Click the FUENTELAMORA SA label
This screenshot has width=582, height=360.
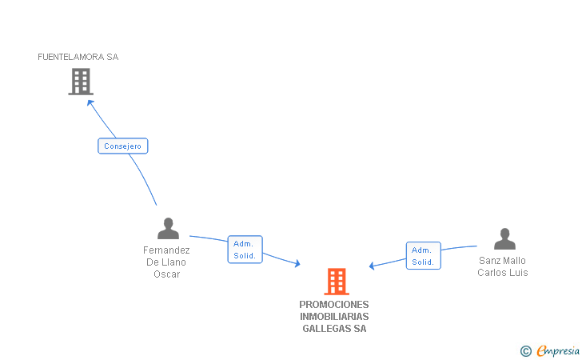click(x=78, y=57)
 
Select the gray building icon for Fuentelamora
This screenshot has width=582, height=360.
click(x=80, y=82)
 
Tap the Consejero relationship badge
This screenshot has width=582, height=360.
click(x=123, y=146)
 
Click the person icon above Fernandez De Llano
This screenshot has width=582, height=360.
click(x=168, y=229)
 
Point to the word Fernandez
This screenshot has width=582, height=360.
click(x=167, y=250)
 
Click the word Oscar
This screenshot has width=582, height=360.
click(x=167, y=274)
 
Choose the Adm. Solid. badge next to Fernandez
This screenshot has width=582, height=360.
click(x=245, y=250)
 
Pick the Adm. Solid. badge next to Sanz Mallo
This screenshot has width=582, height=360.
click(x=423, y=255)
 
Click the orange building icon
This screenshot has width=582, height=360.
click(x=337, y=282)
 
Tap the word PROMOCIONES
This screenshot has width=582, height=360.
click(x=334, y=305)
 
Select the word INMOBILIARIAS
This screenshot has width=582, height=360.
click(x=334, y=317)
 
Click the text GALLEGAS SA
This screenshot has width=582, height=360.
click(x=334, y=329)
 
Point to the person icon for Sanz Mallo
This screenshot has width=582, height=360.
click(x=504, y=239)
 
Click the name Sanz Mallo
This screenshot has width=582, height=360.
click(x=502, y=261)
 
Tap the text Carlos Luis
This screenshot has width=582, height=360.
click(x=502, y=273)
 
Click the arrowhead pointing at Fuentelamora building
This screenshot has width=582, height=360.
click(x=90, y=102)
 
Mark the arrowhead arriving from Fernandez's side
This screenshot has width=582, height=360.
click(x=297, y=263)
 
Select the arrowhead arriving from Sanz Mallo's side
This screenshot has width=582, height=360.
click(x=373, y=266)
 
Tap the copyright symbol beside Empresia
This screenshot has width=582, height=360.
click(x=526, y=350)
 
